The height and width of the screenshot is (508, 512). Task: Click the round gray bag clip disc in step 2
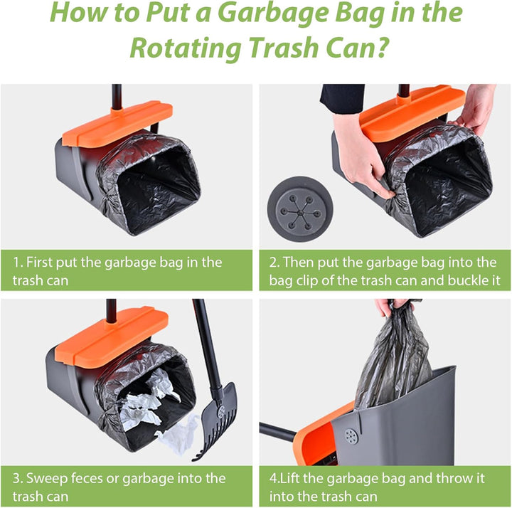click(300, 209)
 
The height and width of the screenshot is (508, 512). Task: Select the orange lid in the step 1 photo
click(117, 123)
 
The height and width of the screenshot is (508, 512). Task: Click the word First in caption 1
click(39, 262)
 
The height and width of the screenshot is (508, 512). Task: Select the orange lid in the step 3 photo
click(111, 336)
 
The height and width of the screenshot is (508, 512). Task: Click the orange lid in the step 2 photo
click(412, 112)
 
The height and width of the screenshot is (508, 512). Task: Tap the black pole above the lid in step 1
click(117, 97)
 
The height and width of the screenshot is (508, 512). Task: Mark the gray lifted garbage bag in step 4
click(394, 359)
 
